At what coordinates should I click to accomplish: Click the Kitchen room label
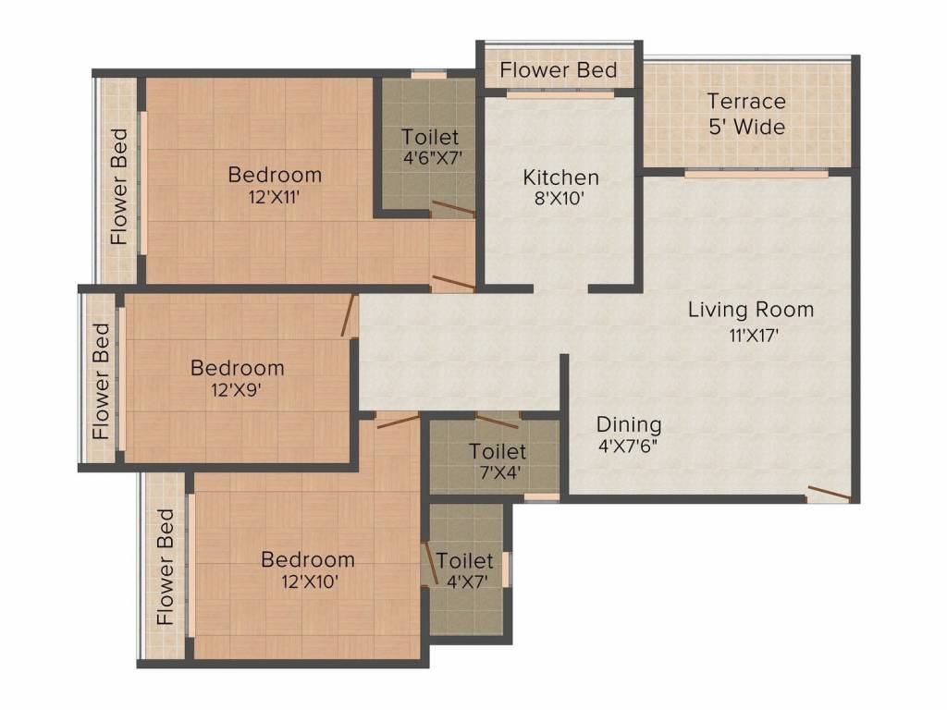pyautogui.click(x=560, y=177)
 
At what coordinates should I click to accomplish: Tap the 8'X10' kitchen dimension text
pyautogui.click(x=560, y=199)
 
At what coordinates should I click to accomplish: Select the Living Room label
pyautogui.click(x=750, y=309)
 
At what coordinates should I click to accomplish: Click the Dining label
pyautogui.click(x=629, y=424)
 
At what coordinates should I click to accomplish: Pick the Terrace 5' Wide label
pyautogui.click(x=746, y=114)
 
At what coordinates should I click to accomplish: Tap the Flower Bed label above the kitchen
pyautogui.click(x=559, y=70)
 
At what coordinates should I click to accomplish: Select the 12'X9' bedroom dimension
pyautogui.click(x=238, y=390)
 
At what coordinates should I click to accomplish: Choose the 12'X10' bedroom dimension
pyautogui.click(x=307, y=582)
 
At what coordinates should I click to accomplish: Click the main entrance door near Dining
pyautogui.click(x=828, y=493)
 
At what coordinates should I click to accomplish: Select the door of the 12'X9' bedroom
pyautogui.click(x=349, y=315)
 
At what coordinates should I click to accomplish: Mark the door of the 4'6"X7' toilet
pyautogui.click(x=453, y=209)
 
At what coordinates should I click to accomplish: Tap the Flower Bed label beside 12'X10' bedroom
pyautogui.click(x=166, y=566)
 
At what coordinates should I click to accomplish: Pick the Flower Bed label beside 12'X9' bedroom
pyautogui.click(x=101, y=380)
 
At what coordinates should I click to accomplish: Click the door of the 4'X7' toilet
pyautogui.click(x=430, y=559)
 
